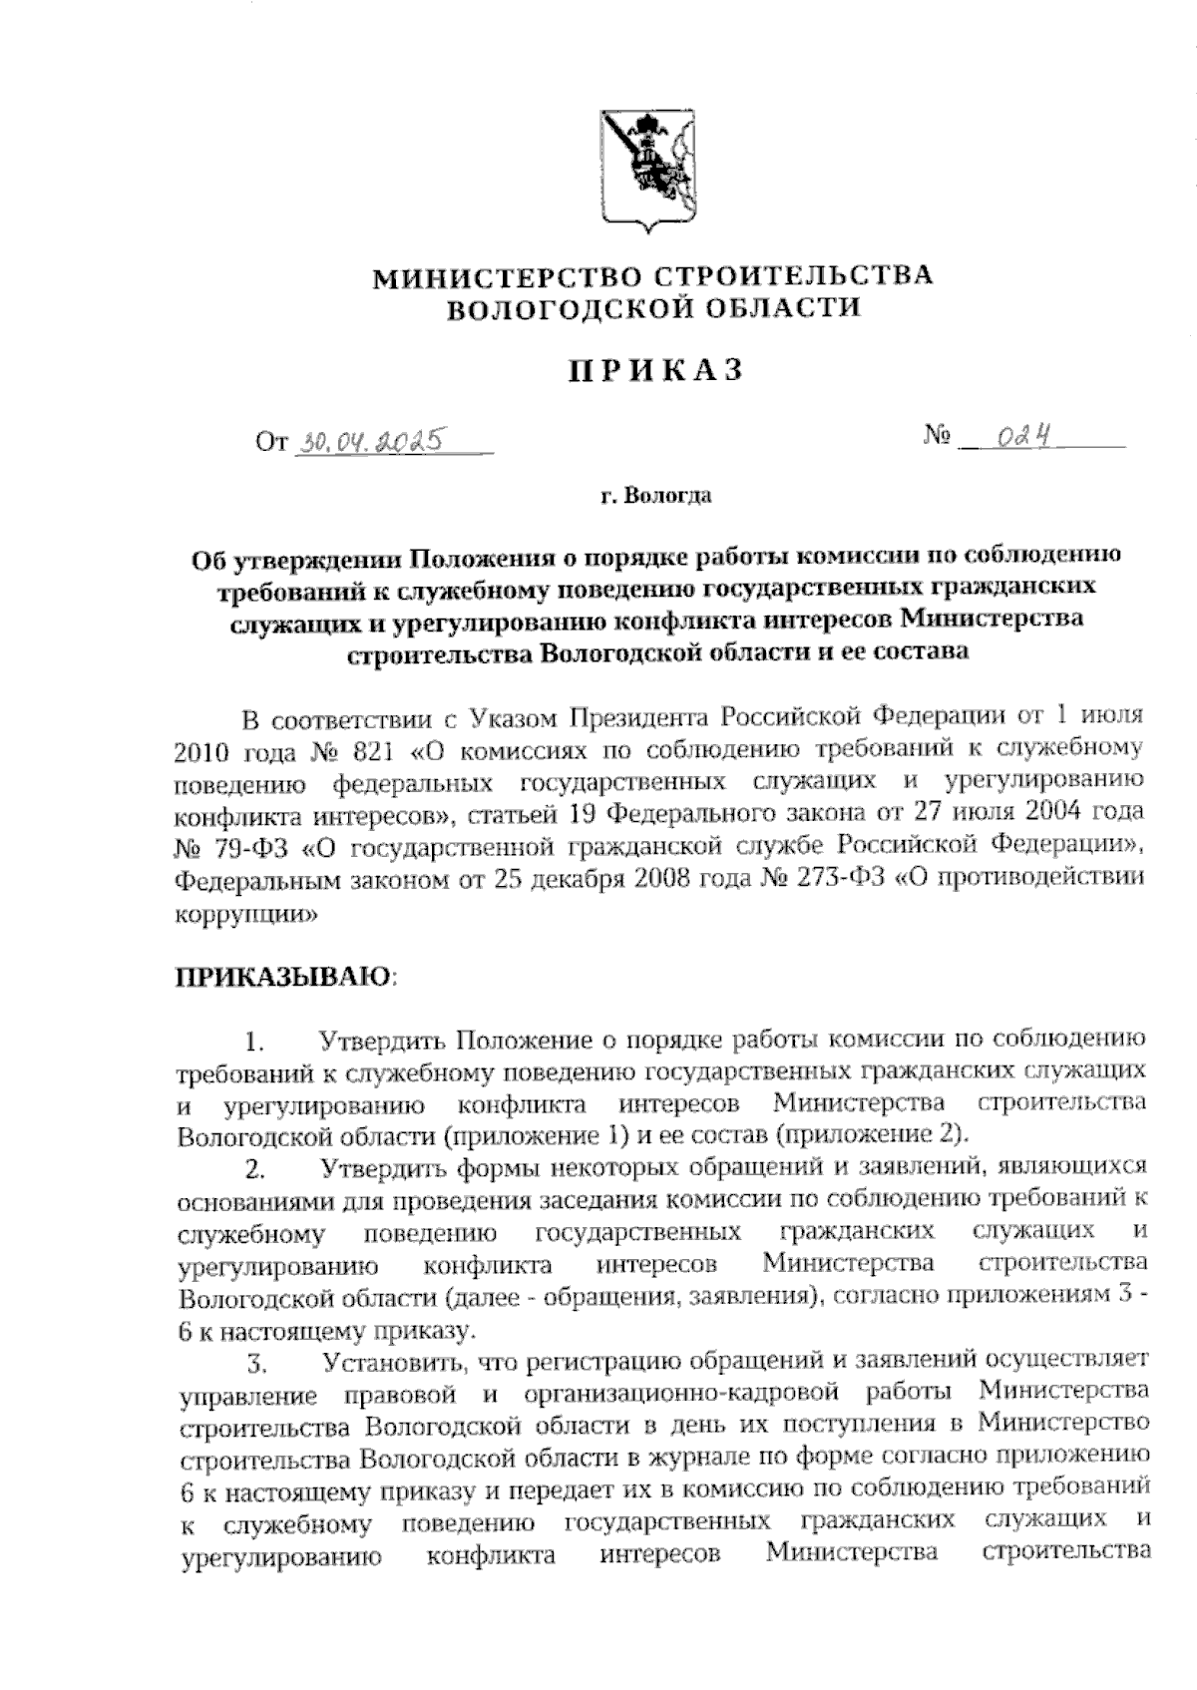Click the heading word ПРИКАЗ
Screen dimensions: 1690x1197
pos(655,372)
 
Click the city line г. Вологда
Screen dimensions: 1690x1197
pos(655,496)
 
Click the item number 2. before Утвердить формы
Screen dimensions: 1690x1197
pos(255,1168)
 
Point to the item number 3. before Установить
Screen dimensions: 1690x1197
pos(255,1362)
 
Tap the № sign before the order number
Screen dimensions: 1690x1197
pos(937,437)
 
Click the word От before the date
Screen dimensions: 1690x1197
pos(271,442)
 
